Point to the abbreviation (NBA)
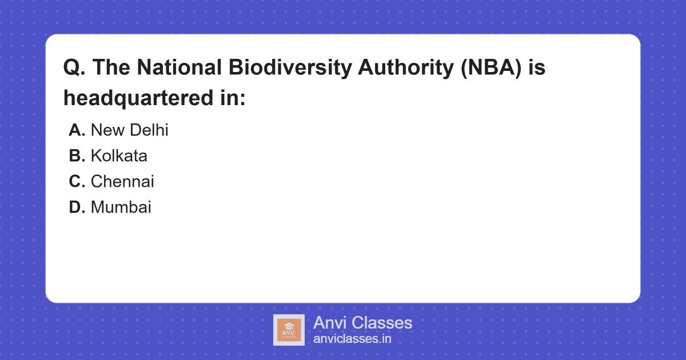point(490,68)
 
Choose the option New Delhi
point(129,130)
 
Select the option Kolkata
point(119,156)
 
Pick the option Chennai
point(122,182)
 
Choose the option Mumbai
point(121,207)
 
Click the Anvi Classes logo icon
point(289,330)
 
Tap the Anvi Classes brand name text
point(362,323)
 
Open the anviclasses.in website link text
point(352,339)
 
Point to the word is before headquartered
point(537,68)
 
